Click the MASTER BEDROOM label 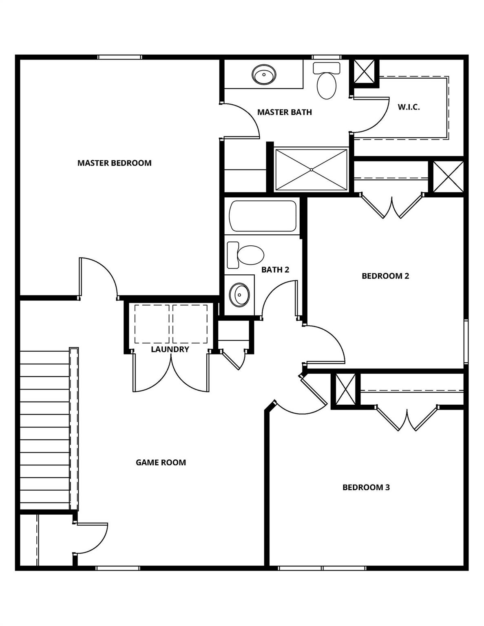coord(114,163)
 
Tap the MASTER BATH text coord(284,112)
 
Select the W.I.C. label coord(409,107)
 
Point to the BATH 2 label coord(275,270)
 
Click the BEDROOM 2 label coord(385,276)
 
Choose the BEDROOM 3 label coord(366,487)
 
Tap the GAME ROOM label coord(161,463)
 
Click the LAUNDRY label coord(170,349)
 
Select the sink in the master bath coord(264,75)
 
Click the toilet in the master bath coord(327,82)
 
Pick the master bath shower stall coord(311,170)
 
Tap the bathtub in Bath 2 coord(263,216)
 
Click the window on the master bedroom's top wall coord(119,57)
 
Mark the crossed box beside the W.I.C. coord(365,71)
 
